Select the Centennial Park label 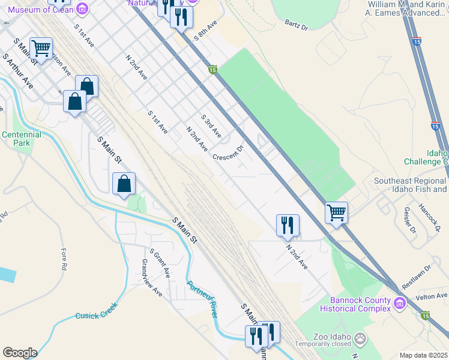click(x=22, y=139)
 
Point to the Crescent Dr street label click(x=228, y=152)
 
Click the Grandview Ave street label click(x=152, y=278)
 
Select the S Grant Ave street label click(x=159, y=265)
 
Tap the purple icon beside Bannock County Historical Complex click(x=399, y=305)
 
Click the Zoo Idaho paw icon click(x=360, y=338)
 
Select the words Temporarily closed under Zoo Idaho click(x=322, y=344)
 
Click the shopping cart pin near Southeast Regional click(x=337, y=212)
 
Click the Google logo click(x=20, y=353)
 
